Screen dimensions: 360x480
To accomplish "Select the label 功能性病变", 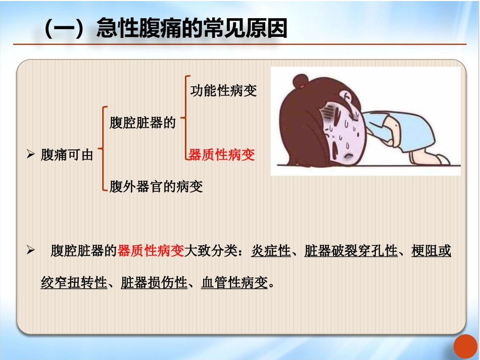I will (x=223, y=91).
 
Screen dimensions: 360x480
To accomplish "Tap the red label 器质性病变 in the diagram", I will (x=222, y=155).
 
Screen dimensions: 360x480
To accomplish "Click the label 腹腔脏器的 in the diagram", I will (x=142, y=123).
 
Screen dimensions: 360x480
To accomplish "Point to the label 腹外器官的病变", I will (x=156, y=187).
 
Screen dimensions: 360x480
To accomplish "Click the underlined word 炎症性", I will (x=271, y=251).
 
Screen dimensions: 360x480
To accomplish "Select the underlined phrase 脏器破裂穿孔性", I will (x=351, y=251).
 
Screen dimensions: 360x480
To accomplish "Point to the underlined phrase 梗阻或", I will (x=431, y=251).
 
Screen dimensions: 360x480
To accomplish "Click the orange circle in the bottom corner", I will (x=465, y=347).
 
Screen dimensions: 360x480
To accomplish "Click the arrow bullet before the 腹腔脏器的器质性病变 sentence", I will (x=30, y=250).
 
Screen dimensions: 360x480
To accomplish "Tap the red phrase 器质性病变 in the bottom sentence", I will (x=151, y=251).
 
